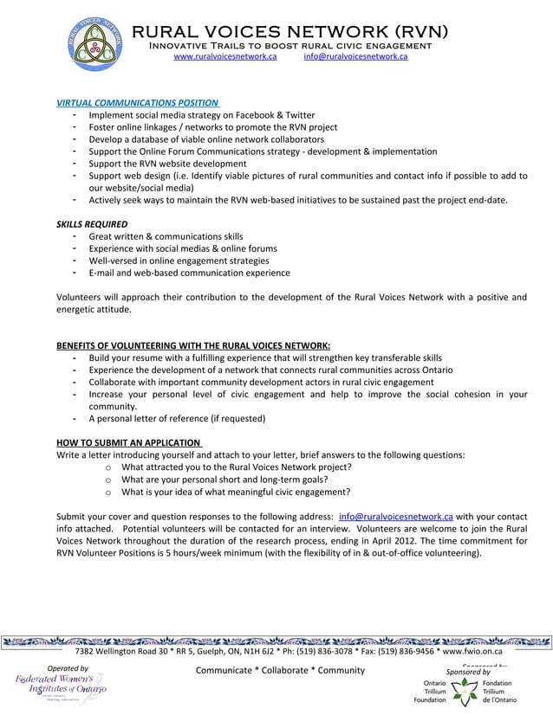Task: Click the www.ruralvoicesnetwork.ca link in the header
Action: tap(224, 56)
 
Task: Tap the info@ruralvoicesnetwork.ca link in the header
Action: tap(355, 56)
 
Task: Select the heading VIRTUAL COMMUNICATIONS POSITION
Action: tap(137, 103)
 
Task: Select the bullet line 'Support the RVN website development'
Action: tap(167, 164)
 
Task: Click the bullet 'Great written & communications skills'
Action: tap(166, 236)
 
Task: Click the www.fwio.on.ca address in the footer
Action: tap(472, 652)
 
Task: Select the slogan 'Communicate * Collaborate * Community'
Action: tap(281, 671)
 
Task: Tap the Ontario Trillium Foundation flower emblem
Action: tap(465, 691)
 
